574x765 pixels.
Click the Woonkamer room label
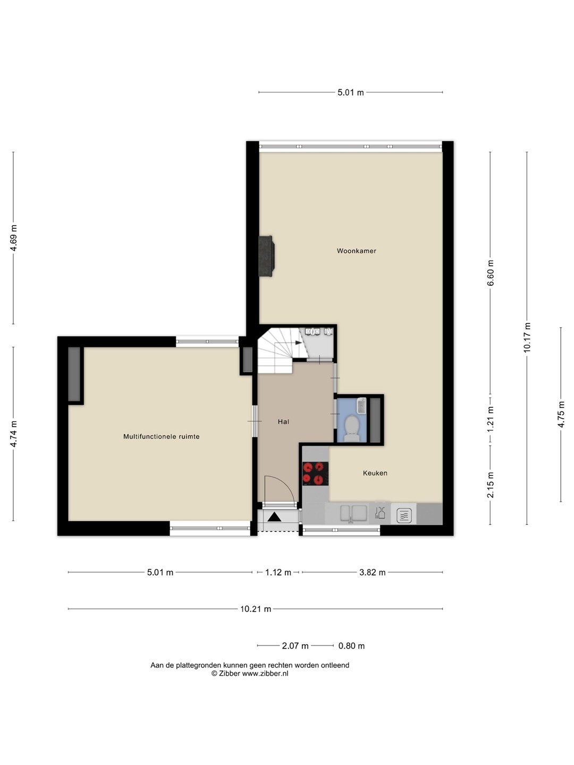pyautogui.click(x=356, y=251)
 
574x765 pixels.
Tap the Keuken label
pyautogui.click(x=375, y=473)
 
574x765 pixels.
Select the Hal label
pyautogui.click(x=283, y=422)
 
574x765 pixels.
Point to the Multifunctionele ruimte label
pyautogui.click(x=162, y=436)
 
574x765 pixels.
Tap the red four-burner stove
pyautogui.click(x=315, y=474)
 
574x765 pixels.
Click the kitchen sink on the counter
pyautogui.click(x=353, y=514)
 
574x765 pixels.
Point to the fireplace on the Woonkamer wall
pyautogui.click(x=266, y=256)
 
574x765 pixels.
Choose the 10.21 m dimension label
pyautogui.click(x=256, y=609)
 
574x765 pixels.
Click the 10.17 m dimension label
pyautogui.click(x=527, y=337)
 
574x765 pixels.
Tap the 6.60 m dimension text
pyautogui.click(x=491, y=273)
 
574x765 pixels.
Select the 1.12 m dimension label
pyautogui.click(x=278, y=572)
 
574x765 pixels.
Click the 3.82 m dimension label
pyautogui.click(x=372, y=572)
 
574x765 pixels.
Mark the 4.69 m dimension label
pyautogui.click(x=13, y=238)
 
